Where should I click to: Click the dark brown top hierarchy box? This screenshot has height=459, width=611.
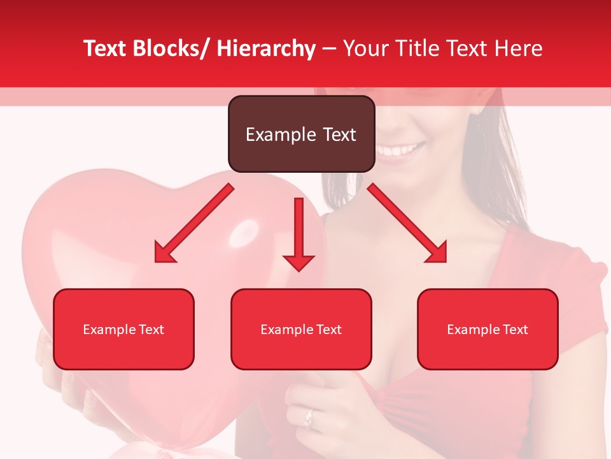(x=301, y=134)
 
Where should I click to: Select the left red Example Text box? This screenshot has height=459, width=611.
(x=123, y=329)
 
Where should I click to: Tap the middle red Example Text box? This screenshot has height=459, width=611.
(x=301, y=329)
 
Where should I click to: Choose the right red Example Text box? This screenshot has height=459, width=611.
(x=488, y=329)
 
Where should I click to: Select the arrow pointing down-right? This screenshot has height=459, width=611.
(x=408, y=224)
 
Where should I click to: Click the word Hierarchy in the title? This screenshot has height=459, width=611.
(x=266, y=48)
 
